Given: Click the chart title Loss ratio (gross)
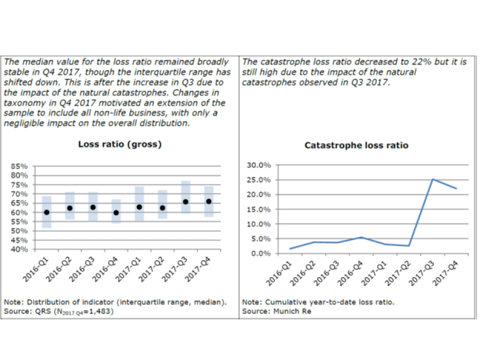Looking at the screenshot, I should pyautogui.click(x=120, y=144).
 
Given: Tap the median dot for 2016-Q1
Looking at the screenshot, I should pyautogui.click(x=47, y=212).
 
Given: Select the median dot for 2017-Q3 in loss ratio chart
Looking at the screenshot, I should pyautogui.click(x=185, y=201).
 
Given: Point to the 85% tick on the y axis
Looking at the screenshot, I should pyautogui.click(x=20, y=166).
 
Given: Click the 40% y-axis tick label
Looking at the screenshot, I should pyautogui.click(x=20, y=250).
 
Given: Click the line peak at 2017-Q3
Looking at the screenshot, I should pyautogui.click(x=432, y=179).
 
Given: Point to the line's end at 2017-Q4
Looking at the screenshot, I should pyautogui.click(x=456, y=188).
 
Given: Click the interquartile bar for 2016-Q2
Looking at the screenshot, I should pyautogui.click(x=70, y=206).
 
